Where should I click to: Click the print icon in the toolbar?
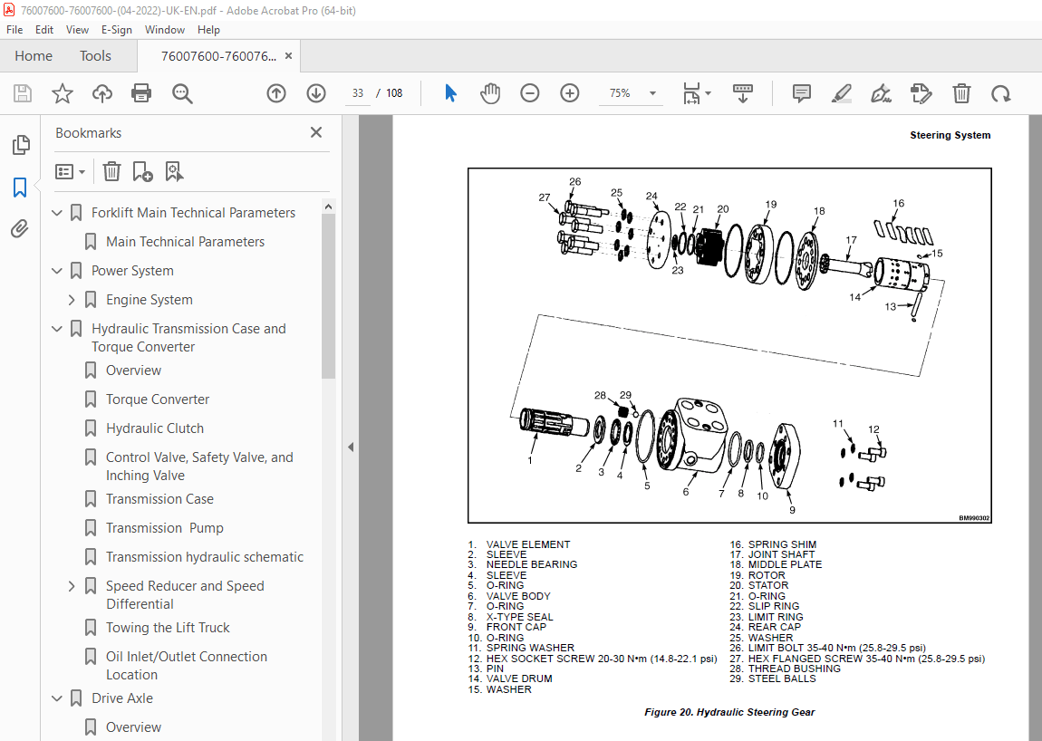click(141, 93)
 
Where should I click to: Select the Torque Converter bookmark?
click(158, 399)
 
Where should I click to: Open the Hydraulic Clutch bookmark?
click(154, 428)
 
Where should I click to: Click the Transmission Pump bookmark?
click(164, 528)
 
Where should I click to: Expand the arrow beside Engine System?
click(72, 300)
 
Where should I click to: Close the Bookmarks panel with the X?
click(316, 132)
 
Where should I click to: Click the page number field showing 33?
click(358, 93)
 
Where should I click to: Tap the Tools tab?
click(95, 56)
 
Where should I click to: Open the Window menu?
click(165, 30)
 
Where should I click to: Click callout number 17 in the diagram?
click(851, 240)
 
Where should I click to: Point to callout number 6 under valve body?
click(685, 492)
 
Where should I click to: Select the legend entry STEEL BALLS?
click(781, 678)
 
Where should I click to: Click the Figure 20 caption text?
click(729, 712)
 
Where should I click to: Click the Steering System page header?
click(950, 135)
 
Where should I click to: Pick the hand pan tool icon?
click(490, 93)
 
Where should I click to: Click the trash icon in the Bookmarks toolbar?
click(111, 171)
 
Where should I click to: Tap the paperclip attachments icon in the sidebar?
click(19, 229)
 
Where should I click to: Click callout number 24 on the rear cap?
click(651, 196)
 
